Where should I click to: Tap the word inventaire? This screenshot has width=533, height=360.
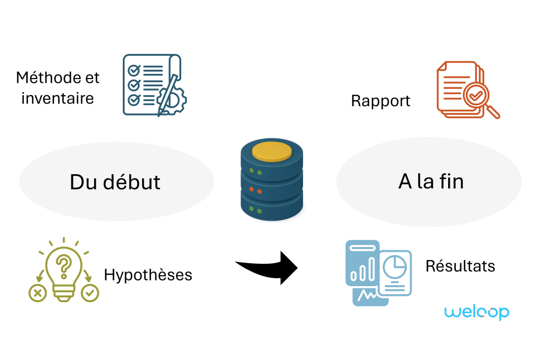[58, 98]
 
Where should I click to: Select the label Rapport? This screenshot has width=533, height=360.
[380, 101]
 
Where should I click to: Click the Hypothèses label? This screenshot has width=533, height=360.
[148, 275]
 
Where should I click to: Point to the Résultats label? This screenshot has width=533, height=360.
[460, 266]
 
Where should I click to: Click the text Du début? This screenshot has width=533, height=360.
[115, 182]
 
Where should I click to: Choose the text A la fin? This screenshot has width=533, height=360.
[431, 182]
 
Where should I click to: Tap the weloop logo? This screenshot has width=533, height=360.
[476, 312]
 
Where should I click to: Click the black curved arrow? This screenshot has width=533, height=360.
[271, 266]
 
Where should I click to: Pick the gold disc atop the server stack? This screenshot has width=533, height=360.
[272, 151]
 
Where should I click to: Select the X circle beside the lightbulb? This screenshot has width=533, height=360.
[37, 293]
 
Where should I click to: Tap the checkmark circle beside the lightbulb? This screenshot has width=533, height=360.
[90, 293]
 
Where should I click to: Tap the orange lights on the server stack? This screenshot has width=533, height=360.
[255, 190]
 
